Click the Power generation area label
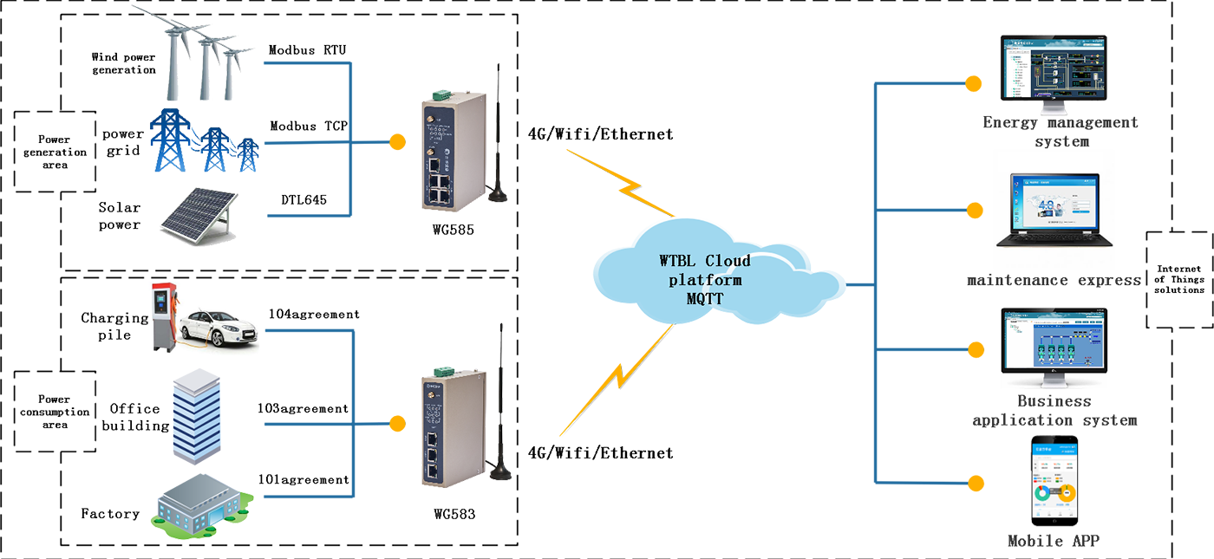pos(54,152)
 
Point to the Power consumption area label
pos(54,413)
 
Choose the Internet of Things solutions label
pos(1179,280)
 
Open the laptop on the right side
pos(1054,213)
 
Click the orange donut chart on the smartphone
pos(1066,495)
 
